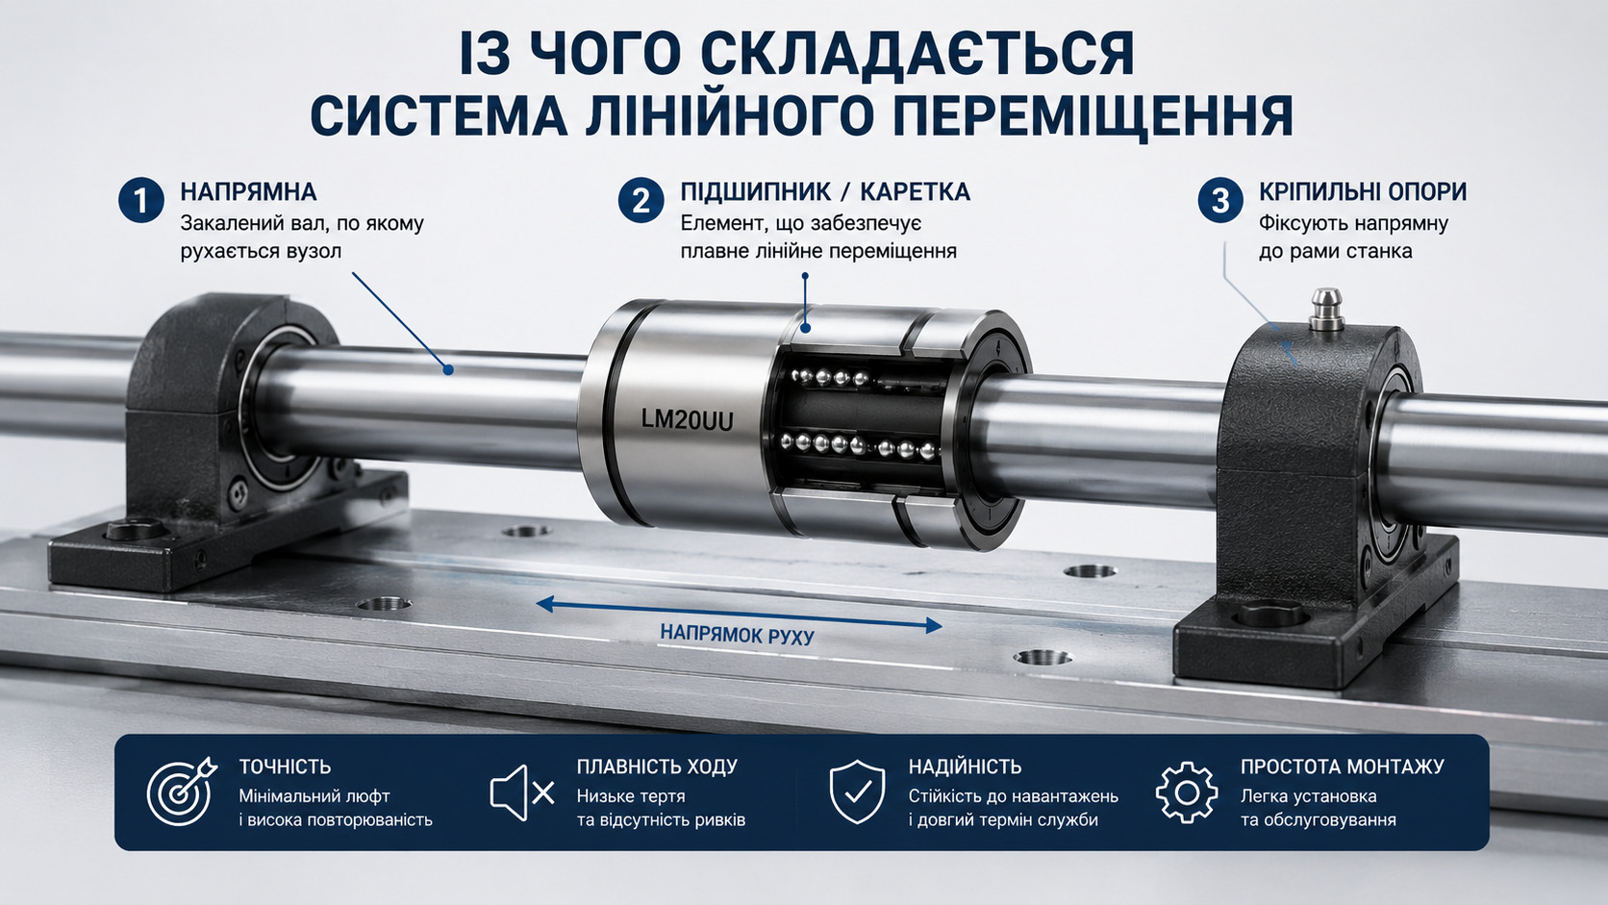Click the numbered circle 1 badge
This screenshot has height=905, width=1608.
coord(141,200)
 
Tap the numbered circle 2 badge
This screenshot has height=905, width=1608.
coord(641,200)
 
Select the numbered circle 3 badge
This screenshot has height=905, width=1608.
coord(1220,200)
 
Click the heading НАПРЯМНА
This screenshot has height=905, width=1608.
coord(248,192)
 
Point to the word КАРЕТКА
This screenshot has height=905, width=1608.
coord(916,192)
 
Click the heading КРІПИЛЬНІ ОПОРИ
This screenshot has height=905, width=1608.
coord(1363,192)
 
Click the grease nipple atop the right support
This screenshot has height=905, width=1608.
coord(1326,309)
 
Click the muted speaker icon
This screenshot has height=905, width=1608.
coord(522,793)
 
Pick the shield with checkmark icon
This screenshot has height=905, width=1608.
coord(857,792)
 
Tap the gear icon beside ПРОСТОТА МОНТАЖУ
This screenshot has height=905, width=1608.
coord(1187,792)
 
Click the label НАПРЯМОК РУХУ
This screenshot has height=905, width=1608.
coord(738,635)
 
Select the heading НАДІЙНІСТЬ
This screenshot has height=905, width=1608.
coord(965,767)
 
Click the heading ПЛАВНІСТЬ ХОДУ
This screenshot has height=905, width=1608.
coord(657,767)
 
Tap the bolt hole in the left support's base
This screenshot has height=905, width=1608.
coord(135,530)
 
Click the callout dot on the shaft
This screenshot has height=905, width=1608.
coord(449,370)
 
